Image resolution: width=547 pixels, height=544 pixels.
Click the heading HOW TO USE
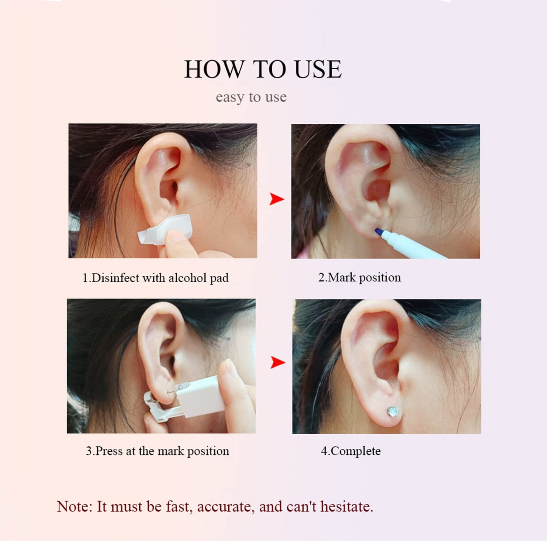pos(263,69)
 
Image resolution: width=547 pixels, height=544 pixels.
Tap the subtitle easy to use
pos(251,97)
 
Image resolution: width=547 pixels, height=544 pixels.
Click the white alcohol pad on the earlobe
pos(165,229)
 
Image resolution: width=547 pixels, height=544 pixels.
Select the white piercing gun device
pos(195,396)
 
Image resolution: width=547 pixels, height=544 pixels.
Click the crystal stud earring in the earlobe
pos(393,410)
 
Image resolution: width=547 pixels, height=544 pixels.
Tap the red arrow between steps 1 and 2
pos(277,199)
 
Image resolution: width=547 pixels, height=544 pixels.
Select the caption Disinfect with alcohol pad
pos(156,278)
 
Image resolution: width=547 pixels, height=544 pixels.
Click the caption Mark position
pos(359,277)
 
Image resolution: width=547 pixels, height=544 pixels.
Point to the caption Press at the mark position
pos(157,451)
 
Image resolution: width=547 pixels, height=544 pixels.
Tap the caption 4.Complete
pos(351,451)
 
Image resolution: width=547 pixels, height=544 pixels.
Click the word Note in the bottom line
pos(74,507)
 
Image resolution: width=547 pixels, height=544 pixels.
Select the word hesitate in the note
pos(346,507)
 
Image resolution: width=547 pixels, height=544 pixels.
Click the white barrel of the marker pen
pos(413,246)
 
